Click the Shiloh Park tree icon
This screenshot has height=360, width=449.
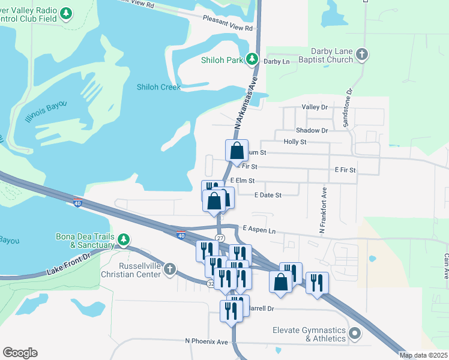point(253,59)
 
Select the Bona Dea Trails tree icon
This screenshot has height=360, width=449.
point(124,240)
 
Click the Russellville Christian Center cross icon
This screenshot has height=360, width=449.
point(170,269)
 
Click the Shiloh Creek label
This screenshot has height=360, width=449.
point(158,87)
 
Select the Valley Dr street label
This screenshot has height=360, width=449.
point(315,107)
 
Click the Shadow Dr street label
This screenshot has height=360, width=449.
point(312,130)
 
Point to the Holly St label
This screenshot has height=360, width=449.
point(295,142)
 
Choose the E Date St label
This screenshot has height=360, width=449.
point(268,194)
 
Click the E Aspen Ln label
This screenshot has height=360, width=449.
point(259,230)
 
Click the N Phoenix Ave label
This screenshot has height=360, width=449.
point(206,341)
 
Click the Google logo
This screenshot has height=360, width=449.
point(20,353)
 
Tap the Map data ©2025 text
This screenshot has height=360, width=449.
point(423,355)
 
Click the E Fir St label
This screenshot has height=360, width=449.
point(345,170)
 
